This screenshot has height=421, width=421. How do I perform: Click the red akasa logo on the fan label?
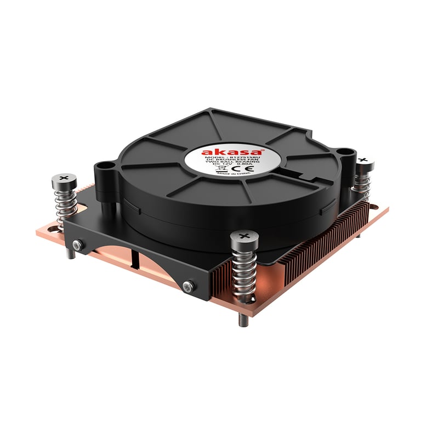click(x=218, y=152)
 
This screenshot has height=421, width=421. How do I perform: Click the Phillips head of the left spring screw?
click(x=64, y=179)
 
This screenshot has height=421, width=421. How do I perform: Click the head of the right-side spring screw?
click(x=365, y=161)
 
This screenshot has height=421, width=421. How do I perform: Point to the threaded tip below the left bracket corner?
click(x=71, y=254)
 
